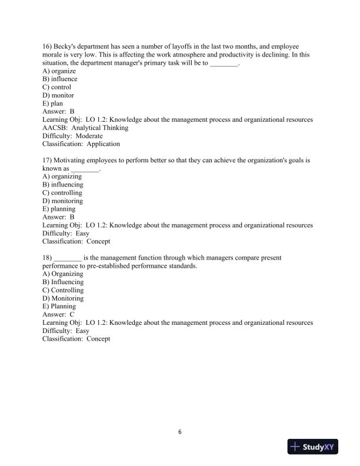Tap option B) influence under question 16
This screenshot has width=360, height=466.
tap(60, 79)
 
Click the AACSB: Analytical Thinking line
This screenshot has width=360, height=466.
tap(85, 127)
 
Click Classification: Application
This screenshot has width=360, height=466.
tap(81, 144)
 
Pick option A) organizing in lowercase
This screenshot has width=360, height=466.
tap(62, 177)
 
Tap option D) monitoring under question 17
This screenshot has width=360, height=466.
tap(63, 201)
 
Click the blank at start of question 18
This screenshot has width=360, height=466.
tap(67, 258)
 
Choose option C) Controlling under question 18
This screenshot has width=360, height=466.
tap(64, 290)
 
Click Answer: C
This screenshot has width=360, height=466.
tap(59, 314)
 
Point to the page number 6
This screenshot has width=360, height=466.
tap(180, 432)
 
